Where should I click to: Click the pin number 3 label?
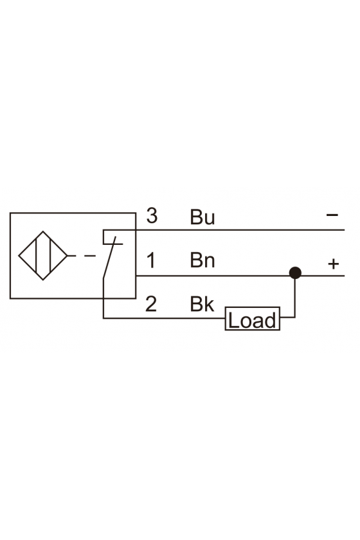(x=152, y=215)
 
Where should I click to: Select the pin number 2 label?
(x=151, y=304)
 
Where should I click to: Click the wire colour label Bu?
(x=203, y=217)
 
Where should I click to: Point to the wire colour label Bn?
(x=203, y=260)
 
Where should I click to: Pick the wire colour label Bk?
(x=202, y=304)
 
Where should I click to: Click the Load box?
(x=253, y=319)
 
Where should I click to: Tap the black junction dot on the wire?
(x=295, y=273)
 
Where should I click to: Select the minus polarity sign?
(x=332, y=215)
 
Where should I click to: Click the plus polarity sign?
(x=334, y=264)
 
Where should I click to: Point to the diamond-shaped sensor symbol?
(x=42, y=256)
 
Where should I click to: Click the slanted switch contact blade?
(x=109, y=257)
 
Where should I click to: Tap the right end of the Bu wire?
(x=344, y=230)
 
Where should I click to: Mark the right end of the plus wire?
(x=344, y=276)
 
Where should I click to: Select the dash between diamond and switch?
(x=90, y=256)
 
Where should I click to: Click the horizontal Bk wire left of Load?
(x=164, y=318)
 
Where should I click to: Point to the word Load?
(x=252, y=320)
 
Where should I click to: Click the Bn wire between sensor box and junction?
(x=213, y=276)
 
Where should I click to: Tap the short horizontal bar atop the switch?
(x=113, y=244)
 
